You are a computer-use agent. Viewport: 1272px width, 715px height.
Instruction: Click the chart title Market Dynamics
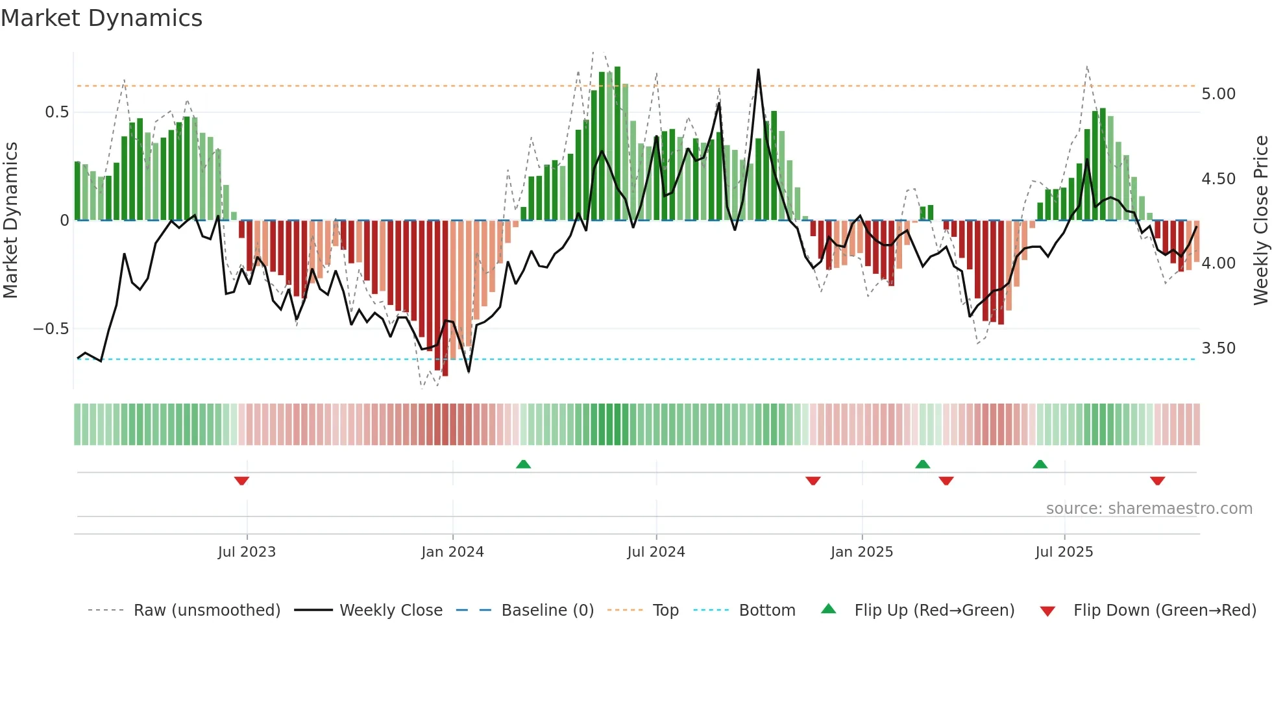pos(101,18)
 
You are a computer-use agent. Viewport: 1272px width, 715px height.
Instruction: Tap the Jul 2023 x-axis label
pos(247,552)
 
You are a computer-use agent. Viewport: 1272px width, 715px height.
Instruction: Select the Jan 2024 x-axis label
pos(452,552)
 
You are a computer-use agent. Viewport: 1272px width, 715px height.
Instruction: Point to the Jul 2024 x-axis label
pos(656,552)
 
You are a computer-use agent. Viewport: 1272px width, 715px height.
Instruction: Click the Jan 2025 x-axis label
pos(862,552)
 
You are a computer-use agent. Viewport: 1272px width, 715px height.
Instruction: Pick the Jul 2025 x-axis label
pos(1064,552)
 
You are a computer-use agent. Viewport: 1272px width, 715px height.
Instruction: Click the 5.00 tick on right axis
pos(1219,94)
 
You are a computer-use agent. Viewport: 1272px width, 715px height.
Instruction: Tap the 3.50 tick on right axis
pos(1219,348)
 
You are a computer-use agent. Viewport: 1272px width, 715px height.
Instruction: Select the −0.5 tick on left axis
pos(51,329)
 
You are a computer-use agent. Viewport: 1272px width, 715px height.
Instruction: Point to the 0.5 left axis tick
pos(57,112)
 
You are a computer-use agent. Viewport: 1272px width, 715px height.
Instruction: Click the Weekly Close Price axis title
pos(1260,220)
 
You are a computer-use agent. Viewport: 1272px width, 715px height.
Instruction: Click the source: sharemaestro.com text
pos(1149,509)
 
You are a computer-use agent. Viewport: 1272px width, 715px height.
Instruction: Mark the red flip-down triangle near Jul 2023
pos(241,481)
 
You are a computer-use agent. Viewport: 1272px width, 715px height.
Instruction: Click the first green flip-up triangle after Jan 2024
pos(523,464)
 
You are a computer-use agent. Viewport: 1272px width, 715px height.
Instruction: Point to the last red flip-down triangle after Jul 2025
pos(1157,481)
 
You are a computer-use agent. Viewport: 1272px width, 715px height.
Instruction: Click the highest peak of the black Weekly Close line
pos(758,70)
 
